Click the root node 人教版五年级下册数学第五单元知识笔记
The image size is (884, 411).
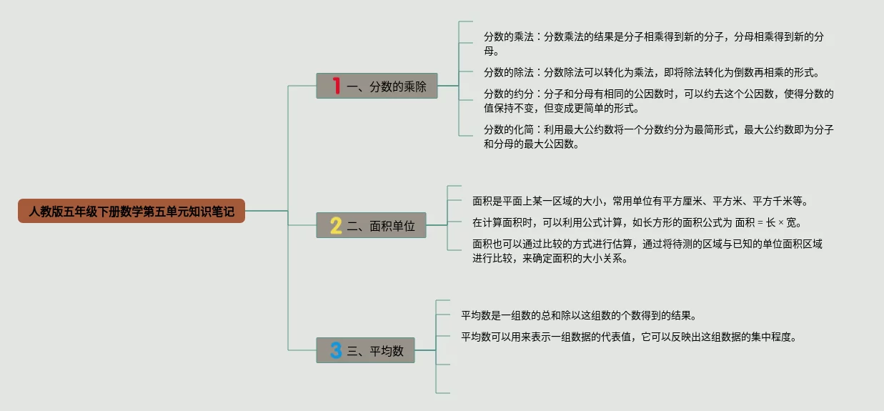click(x=131, y=211)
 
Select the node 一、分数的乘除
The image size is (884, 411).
click(x=377, y=86)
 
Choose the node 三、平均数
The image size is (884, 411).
click(x=366, y=350)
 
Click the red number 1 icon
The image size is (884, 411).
click(x=336, y=86)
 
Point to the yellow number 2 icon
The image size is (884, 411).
click(x=336, y=226)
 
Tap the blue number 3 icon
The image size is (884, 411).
click(x=336, y=350)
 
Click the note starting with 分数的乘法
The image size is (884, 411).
click(x=657, y=44)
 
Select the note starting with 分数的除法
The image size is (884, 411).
click(x=650, y=72)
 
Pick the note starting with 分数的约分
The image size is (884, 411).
click(x=657, y=101)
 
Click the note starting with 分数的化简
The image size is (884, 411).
click(x=657, y=137)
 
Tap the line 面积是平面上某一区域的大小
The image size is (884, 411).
click(x=640, y=201)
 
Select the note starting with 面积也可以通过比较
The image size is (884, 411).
click(x=647, y=251)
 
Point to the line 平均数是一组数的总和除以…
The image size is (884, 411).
click(x=578, y=315)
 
